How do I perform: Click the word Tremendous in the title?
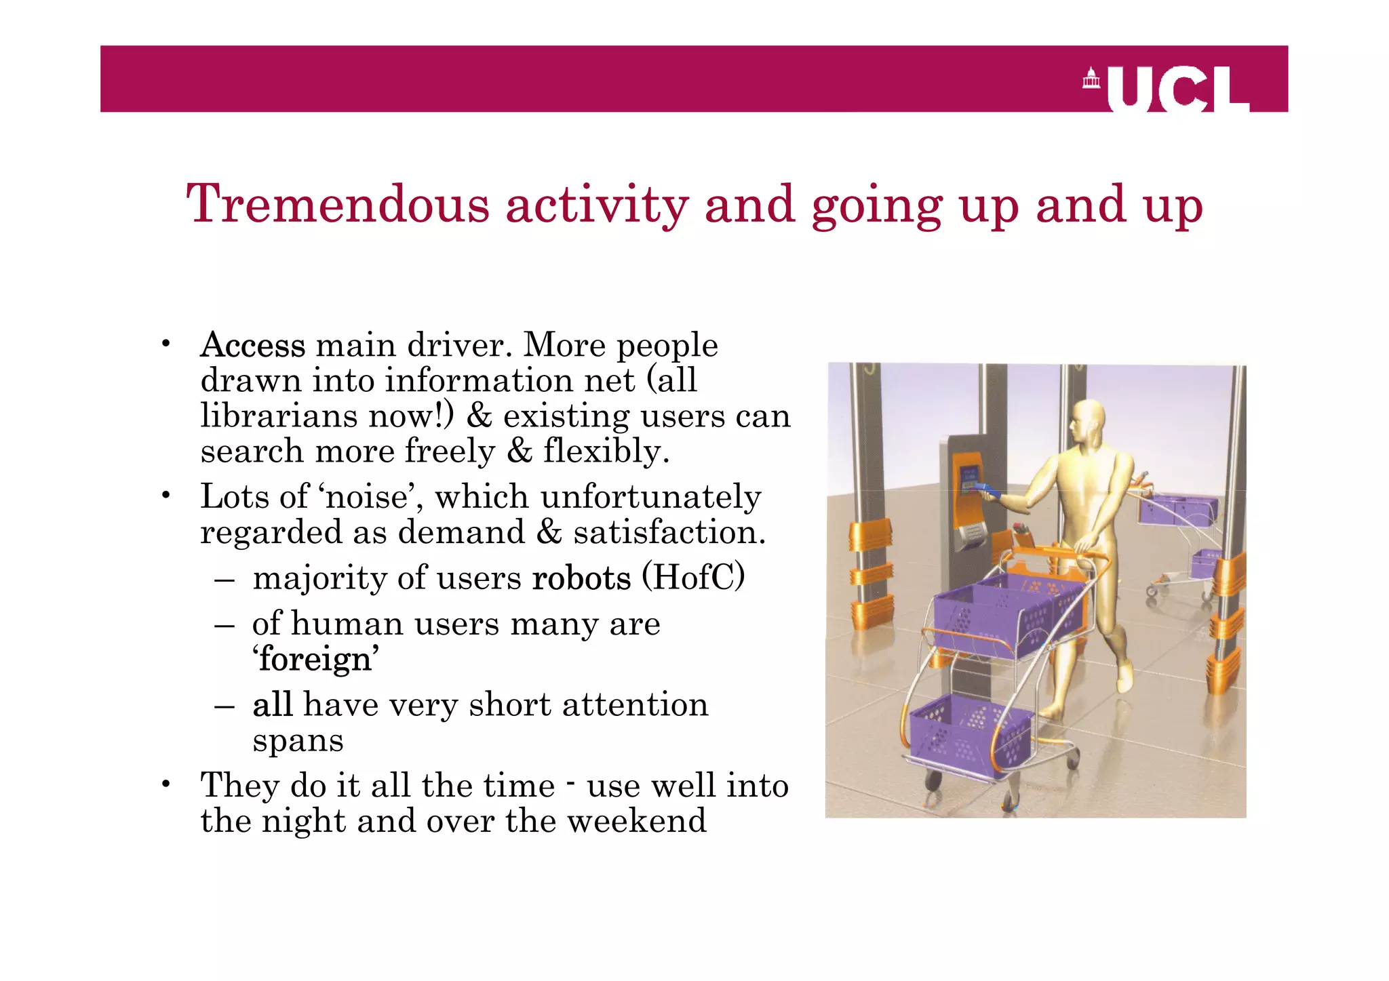point(338,204)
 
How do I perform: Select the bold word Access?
point(253,345)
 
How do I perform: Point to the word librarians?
point(279,416)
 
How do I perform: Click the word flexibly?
point(606,451)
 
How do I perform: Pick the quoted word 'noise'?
point(367,496)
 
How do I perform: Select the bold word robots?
point(581,578)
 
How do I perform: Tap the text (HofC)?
point(693,578)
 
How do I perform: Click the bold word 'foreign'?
point(315,659)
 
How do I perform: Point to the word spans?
point(298,740)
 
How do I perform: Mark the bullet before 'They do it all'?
point(165,785)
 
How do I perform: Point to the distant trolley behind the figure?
point(1179,536)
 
